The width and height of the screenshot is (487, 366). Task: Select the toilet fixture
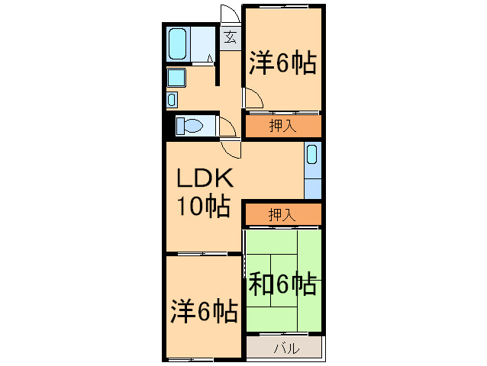[x=189, y=125]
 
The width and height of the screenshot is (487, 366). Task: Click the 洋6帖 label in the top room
[x=282, y=64]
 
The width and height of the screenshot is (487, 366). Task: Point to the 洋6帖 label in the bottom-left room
[x=203, y=312]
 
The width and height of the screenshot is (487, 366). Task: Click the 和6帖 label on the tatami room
[x=282, y=284]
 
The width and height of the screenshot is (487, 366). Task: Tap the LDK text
[x=204, y=178]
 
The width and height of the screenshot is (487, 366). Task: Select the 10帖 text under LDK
[x=204, y=206]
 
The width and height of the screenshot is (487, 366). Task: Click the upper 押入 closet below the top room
[x=282, y=127]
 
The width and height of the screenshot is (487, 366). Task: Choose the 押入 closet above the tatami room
[x=282, y=216]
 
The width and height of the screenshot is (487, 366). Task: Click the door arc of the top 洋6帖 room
[x=253, y=98]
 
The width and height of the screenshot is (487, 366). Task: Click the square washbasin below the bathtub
[x=176, y=77]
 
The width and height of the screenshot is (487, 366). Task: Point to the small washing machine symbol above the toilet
[x=172, y=98]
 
